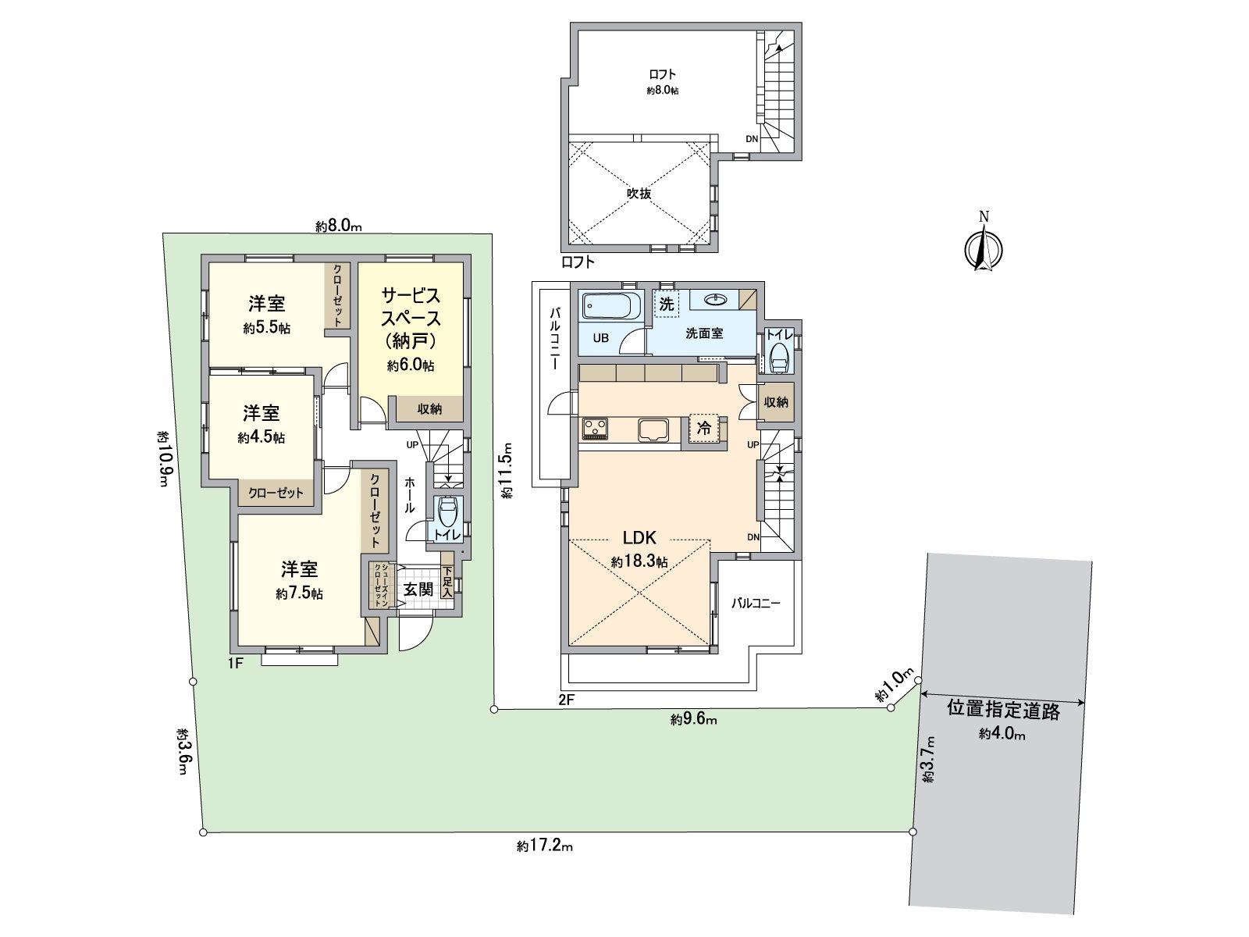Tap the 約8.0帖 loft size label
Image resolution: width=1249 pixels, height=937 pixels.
662,91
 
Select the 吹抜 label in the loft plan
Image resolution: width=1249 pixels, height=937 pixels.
639,193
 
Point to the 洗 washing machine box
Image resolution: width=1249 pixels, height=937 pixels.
666,304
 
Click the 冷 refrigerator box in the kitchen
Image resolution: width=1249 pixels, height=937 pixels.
704,428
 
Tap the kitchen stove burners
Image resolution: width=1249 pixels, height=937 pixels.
594,429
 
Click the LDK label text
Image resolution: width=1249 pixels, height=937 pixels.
639,537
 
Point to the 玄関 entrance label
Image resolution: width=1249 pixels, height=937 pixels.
418,589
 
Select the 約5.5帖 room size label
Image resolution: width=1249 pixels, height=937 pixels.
266,329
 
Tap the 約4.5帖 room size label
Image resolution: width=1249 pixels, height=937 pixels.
262,437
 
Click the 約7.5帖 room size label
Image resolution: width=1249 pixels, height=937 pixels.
299,594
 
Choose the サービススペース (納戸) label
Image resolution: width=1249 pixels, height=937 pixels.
411,318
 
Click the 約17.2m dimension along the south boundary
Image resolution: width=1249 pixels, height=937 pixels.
545,846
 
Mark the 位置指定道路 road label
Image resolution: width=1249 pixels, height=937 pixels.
1003,710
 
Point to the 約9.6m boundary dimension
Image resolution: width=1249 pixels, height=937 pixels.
693,720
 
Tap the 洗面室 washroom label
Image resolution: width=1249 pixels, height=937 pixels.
704,333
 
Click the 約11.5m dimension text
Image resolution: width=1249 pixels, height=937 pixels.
507,471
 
